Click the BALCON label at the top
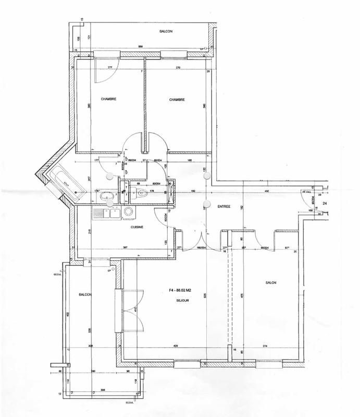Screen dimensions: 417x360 (165, 32)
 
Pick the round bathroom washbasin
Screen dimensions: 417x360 (106, 196)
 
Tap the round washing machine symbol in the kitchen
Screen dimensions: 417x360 (127, 212)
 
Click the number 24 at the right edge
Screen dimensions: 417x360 (325, 202)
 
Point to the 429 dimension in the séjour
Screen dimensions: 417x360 (176, 346)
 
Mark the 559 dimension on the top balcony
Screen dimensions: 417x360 (140, 47)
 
